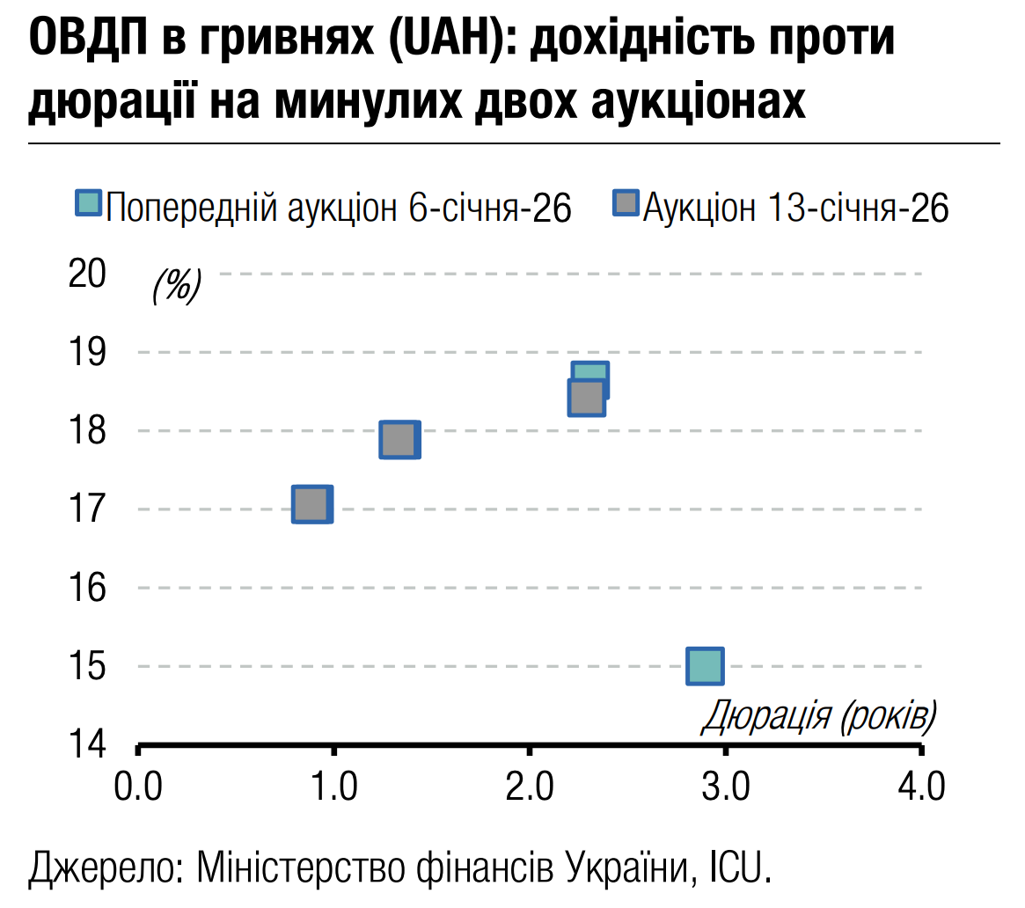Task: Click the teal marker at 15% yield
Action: (705, 666)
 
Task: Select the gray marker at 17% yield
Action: (311, 504)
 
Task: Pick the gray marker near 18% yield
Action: (399, 439)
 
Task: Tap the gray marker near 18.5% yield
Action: (586, 398)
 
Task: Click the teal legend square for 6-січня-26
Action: (89, 204)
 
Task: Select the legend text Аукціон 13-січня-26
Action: (795, 209)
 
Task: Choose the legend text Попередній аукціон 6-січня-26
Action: (340, 209)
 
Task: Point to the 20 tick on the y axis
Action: (86, 274)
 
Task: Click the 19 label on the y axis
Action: (86, 352)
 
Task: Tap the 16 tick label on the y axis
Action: (86, 588)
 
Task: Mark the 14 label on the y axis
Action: (86, 744)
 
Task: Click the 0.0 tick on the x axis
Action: (138, 785)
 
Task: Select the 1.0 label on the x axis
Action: (334, 785)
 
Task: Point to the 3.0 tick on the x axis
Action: (725, 785)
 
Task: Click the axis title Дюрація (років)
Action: (818, 717)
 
